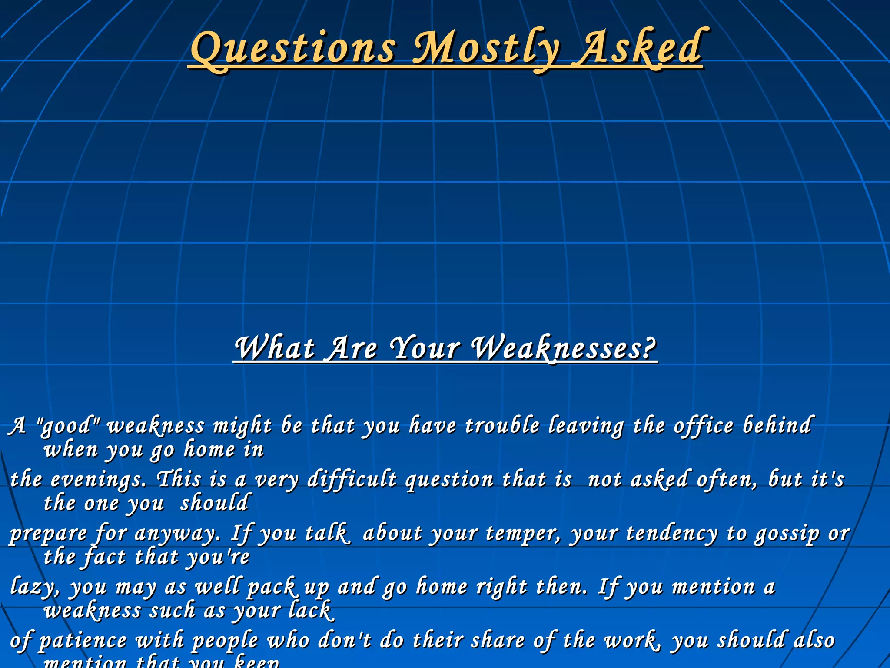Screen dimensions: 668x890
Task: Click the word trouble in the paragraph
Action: (502, 425)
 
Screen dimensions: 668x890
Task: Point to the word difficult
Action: (352, 480)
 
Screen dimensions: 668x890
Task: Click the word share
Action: (498, 641)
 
